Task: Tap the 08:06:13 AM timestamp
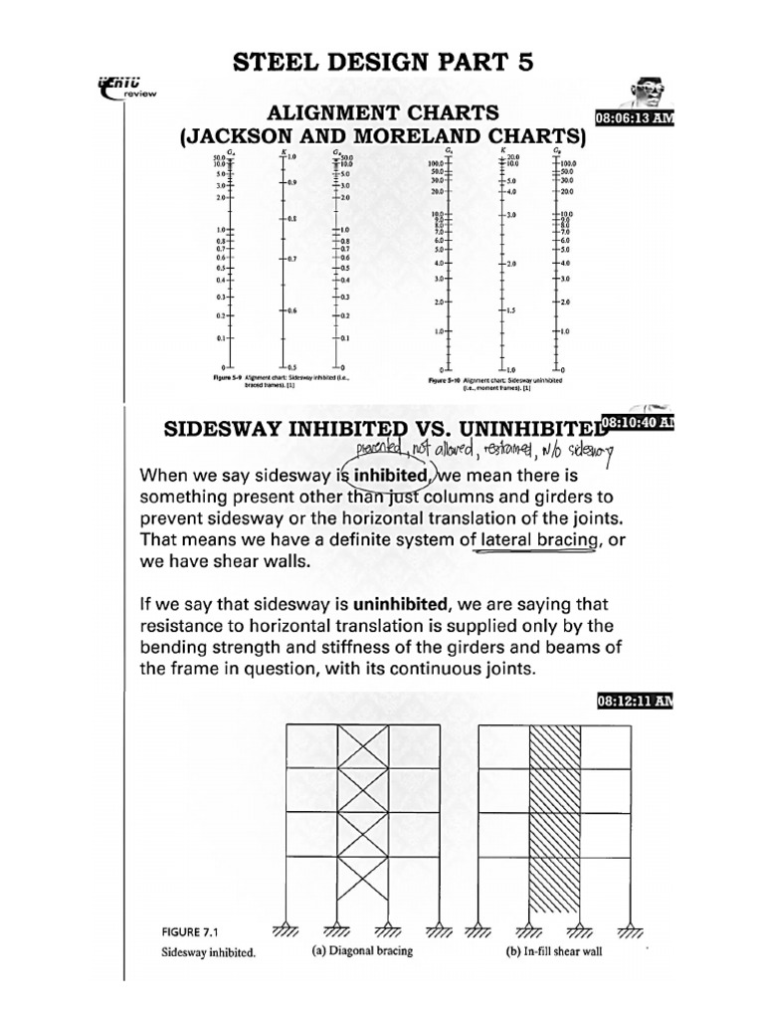635,118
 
